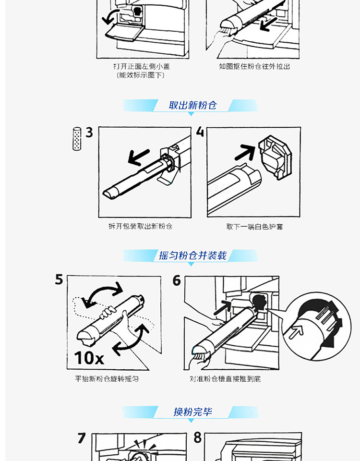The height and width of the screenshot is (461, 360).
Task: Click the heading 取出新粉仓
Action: click(192, 105)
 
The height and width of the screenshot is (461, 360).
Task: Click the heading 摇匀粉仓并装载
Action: click(193, 255)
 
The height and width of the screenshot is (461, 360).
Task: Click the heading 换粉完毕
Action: click(192, 412)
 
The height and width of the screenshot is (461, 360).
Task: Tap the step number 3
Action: click(89, 133)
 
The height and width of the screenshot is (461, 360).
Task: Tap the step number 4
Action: click(200, 132)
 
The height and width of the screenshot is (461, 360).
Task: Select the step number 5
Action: click(59, 279)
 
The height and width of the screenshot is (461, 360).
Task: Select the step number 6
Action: click(177, 280)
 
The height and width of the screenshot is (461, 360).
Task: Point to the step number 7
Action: click(82, 438)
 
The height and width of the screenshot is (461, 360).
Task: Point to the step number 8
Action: click(197, 437)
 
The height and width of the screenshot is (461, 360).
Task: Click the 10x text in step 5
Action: click(89, 358)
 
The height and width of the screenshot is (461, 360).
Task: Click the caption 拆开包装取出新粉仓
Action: click(140, 226)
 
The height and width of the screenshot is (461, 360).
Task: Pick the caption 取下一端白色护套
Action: click(254, 227)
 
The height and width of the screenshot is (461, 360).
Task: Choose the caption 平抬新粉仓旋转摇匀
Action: click(107, 379)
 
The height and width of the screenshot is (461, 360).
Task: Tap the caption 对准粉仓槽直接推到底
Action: click(225, 379)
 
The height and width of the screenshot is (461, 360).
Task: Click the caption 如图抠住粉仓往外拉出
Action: click(254, 66)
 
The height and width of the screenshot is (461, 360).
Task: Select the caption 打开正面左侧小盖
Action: click(142, 66)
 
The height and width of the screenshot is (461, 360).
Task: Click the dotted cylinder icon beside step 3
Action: click(77, 139)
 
